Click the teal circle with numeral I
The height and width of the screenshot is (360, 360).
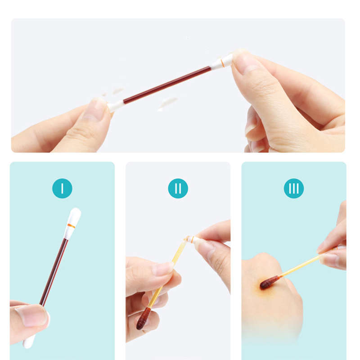click(x=62, y=188)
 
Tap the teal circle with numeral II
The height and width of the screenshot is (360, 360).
click(x=178, y=188)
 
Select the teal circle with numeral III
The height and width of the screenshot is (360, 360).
click(x=294, y=188)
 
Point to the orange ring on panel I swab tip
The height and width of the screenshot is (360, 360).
click(x=71, y=226)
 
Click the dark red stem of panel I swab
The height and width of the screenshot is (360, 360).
click(x=54, y=272)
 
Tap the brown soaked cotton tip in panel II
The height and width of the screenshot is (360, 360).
click(x=144, y=318)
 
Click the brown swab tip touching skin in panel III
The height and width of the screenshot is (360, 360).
click(x=270, y=282)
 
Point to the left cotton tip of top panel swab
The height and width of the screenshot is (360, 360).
click(x=116, y=105)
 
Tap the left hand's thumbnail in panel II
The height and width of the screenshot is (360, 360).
click(x=163, y=269)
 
